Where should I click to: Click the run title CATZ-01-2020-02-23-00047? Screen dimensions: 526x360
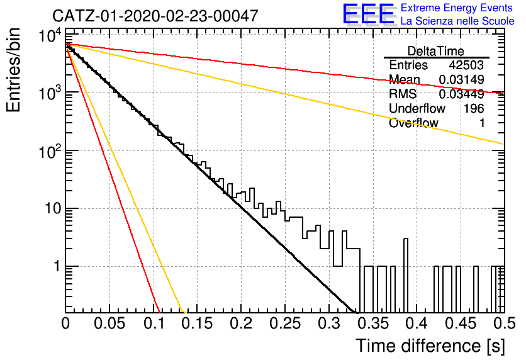155,16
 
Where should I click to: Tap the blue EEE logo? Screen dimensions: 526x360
368,14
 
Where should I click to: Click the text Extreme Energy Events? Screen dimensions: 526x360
457,8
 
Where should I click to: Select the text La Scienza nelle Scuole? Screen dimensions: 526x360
457,21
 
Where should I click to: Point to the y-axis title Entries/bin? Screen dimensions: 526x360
13,70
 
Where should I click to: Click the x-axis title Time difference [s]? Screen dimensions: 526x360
430,346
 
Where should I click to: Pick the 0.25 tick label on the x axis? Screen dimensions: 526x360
285,323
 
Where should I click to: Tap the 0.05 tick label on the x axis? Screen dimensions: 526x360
109,323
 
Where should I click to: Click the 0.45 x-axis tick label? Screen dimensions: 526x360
461,323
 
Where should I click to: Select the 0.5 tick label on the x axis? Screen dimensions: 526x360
505,323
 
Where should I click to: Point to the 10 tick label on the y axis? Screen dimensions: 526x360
53,209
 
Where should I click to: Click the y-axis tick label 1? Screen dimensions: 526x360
57,267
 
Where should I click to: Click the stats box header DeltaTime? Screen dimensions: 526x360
436,51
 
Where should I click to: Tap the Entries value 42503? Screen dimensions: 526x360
466,65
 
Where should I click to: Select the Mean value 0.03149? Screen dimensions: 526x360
461,79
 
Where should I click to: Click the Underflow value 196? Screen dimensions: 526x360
474,108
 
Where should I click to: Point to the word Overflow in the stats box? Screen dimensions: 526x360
413,123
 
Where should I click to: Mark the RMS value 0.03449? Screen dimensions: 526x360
461,94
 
